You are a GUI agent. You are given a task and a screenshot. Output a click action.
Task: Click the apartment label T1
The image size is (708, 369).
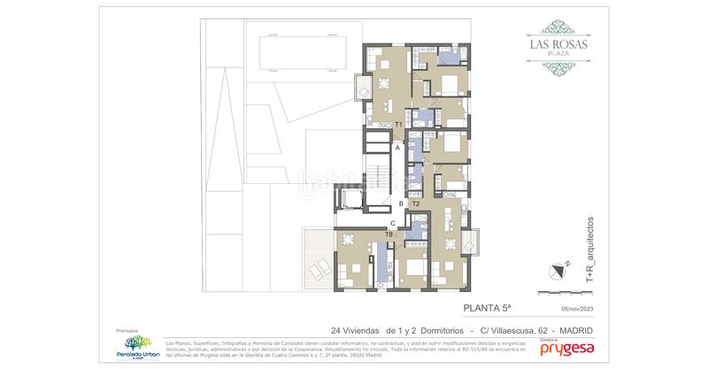point(399,125)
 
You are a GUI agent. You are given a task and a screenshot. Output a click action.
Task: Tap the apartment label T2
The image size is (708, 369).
point(416,204)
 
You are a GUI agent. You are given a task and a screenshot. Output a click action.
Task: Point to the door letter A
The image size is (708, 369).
point(398,149)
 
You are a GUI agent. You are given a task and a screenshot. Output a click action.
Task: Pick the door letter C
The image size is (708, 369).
point(392,223)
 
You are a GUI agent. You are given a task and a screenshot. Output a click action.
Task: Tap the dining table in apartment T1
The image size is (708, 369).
point(383,84)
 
